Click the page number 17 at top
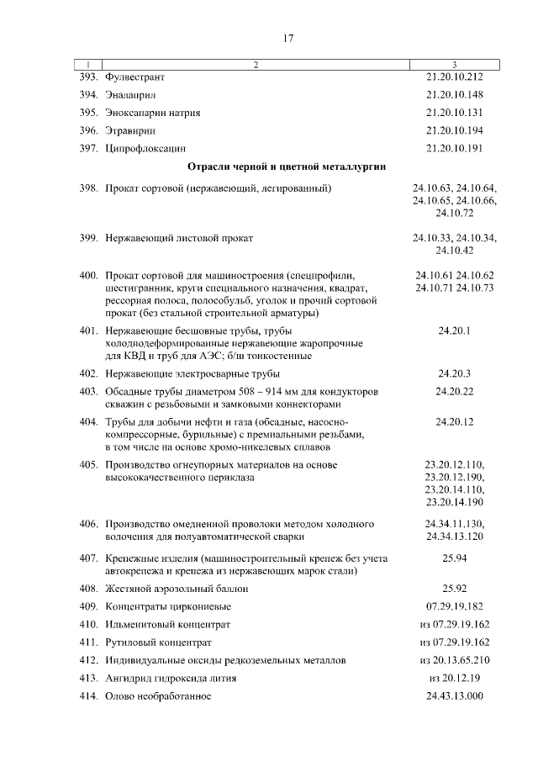click(287, 38)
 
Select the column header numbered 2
click(256, 65)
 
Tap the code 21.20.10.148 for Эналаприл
click(454, 94)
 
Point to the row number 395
click(89, 113)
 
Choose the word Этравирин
click(131, 131)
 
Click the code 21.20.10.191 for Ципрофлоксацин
click(454, 149)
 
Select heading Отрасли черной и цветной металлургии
click(287, 167)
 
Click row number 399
click(89, 239)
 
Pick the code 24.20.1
click(454, 331)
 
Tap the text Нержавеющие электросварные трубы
click(193, 373)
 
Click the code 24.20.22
click(454, 392)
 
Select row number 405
click(89, 465)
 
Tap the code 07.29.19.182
click(454, 606)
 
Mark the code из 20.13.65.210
click(454, 661)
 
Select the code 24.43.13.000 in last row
click(454, 696)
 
